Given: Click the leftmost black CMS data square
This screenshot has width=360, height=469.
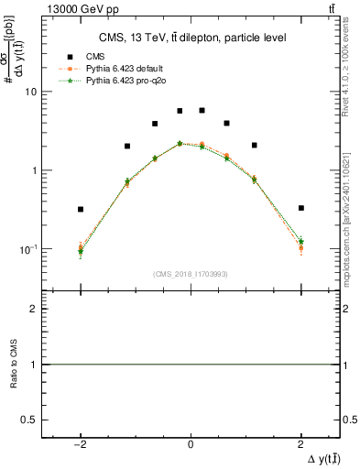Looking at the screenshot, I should [81, 209].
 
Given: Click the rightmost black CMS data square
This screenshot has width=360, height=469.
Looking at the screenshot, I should [301, 208].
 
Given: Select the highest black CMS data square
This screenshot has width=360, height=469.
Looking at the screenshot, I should [202, 110].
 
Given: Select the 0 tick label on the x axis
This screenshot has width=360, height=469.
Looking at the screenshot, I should [191, 445].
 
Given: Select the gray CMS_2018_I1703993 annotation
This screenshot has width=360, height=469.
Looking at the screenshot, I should [191, 274].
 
